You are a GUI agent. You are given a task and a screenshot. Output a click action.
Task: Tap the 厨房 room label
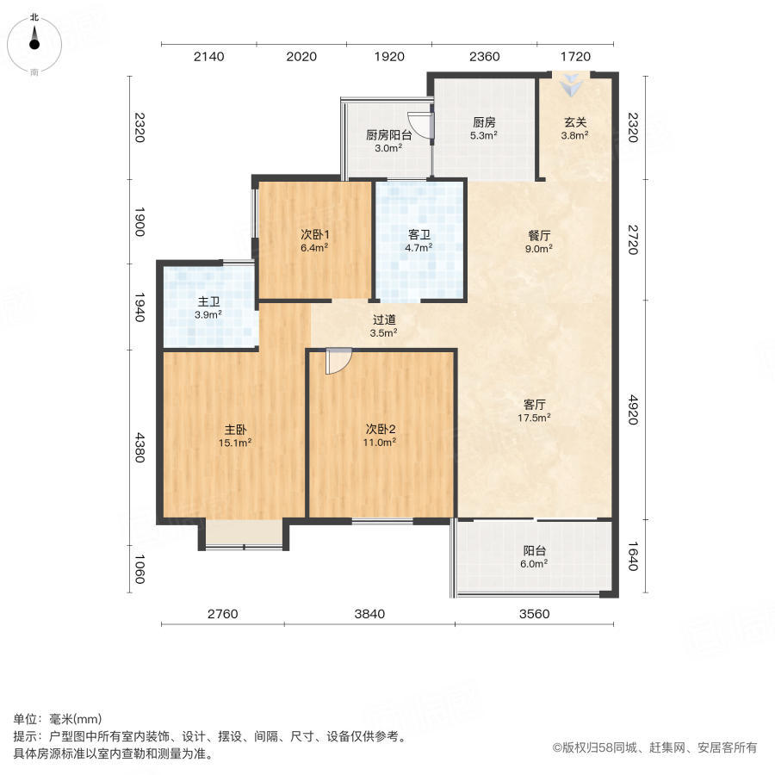(483, 122)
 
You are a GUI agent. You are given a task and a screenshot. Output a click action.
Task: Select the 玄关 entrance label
(574, 122)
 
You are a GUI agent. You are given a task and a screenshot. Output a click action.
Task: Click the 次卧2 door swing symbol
(338, 362)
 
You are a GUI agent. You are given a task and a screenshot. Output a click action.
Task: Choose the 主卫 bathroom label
(208, 302)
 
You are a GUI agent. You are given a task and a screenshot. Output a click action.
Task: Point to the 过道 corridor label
(384, 319)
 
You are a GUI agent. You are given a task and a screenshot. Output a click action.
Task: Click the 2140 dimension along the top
(208, 57)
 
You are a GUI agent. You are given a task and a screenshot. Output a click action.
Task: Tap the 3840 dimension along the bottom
(369, 614)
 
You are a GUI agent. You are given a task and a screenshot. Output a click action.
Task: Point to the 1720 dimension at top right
(574, 57)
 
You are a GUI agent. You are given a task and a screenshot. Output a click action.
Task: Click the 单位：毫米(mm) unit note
(58, 720)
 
